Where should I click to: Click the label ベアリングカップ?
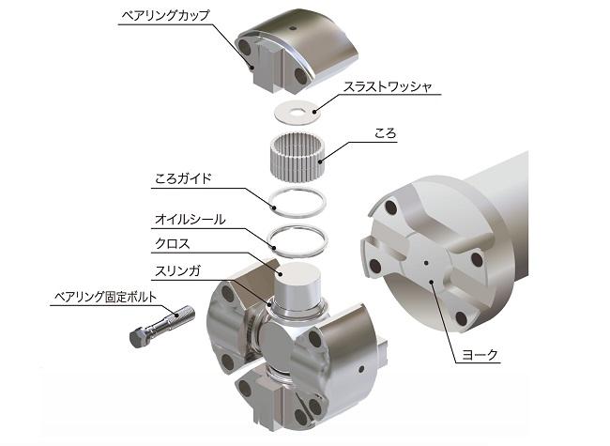pyautogui.click(x=166, y=15)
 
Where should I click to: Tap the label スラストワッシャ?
pyautogui.click(x=388, y=86)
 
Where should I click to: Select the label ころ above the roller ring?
pyautogui.click(x=386, y=132)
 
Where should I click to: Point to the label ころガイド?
pyautogui.click(x=183, y=178)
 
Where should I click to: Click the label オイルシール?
pyautogui.click(x=190, y=220)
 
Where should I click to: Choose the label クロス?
pyautogui.click(x=173, y=244)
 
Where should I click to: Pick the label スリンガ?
pyautogui.click(x=177, y=270)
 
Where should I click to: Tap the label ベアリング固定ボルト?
pyautogui.click(x=105, y=297)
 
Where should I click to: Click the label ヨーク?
pyautogui.click(x=480, y=355)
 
